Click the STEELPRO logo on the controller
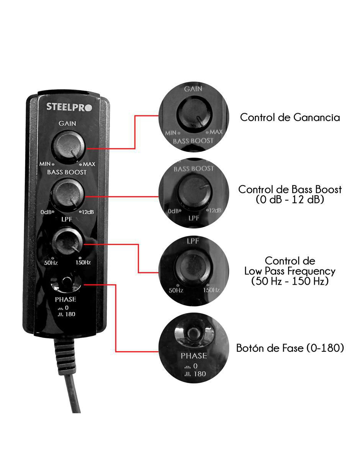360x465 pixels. click(x=69, y=107)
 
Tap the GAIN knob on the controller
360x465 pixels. click(x=68, y=147)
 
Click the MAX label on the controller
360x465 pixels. click(x=89, y=164)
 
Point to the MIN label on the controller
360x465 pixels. click(x=45, y=164)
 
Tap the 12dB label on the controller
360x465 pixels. click(x=88, y=212)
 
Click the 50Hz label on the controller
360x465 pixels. click(x=51, y=263)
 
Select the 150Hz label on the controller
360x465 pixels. click(x=83, y=262)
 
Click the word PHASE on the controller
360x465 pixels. click(x=65, y=299)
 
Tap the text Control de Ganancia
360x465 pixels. click(x=290, y=117)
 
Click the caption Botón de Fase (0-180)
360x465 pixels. click(x=290, y=348)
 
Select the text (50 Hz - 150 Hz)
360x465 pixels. click(x=290, y=281)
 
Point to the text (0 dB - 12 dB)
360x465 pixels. click(x=290, y=200)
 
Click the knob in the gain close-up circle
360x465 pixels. click(x=194, y=115)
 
